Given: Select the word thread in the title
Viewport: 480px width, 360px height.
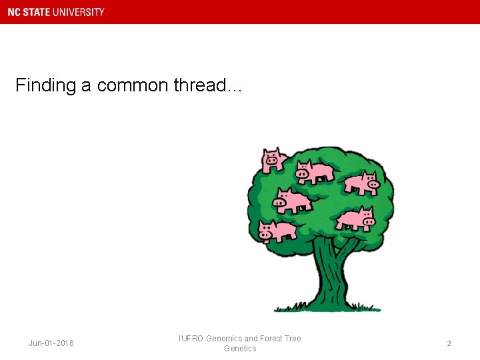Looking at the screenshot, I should click(x=201, y=86).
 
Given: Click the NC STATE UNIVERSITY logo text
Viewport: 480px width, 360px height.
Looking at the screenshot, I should click(x=56, y=12).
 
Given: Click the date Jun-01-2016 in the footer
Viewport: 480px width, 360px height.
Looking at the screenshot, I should click(x=51, y=343).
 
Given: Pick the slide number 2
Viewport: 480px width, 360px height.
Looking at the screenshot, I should click(x=449, y=343).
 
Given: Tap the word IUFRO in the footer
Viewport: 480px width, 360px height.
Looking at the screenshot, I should click(x=191, y=339).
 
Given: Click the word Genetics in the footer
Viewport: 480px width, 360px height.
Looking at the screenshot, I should click(x=240, y=349).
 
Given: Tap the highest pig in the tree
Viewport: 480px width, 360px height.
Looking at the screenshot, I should click(x=273, y=161).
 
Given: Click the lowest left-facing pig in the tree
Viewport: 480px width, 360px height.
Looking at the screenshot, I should click(x=276, y=231).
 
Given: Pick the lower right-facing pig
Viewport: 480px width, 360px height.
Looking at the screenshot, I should click(x=357, y=218).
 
